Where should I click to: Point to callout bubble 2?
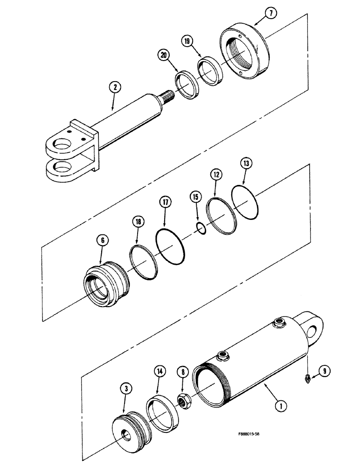(x=114, y=87)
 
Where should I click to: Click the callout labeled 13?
(x=246, y=164)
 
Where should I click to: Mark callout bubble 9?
(x=325, y=372)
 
